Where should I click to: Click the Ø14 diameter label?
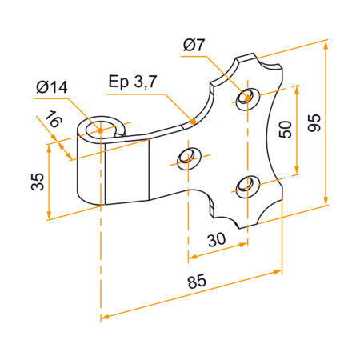click(x=53, y=86)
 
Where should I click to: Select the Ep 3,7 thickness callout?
click(x=135, y=82)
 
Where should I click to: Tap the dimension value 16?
click(x=52, y=122)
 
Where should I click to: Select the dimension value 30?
click(x=215, y=240)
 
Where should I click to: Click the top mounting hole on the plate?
click(x=247, y=98)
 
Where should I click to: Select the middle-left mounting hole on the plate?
click(x=188, y=155)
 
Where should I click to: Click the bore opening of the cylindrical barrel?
click(x=102, y=128)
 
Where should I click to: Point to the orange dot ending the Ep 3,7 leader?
click(x=193, y=122)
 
